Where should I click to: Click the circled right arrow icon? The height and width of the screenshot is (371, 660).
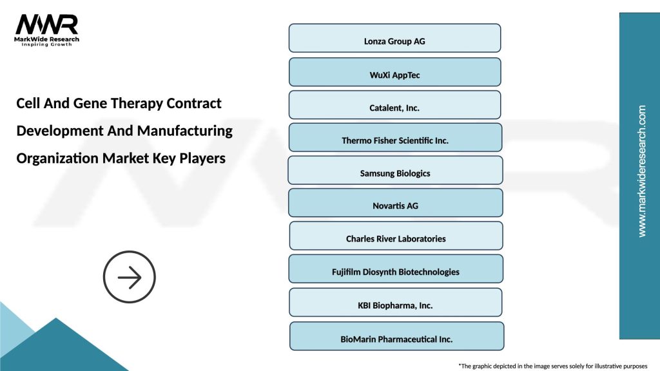[x=130, y=278]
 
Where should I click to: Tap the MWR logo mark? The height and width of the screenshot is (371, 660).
[x=46, y=24]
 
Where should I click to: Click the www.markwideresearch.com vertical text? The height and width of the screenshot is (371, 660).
[x=641, y=171]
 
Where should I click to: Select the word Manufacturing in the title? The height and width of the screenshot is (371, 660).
[x=187, y=131]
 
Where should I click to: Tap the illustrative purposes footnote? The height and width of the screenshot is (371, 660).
[x=552, y=365]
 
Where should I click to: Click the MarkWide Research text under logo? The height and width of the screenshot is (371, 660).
[x=47, y=39]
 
